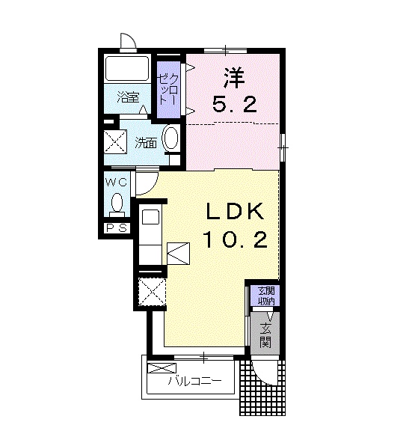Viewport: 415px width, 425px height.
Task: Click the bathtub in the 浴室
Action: (127, 68)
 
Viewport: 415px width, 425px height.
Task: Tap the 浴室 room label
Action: (128, 97)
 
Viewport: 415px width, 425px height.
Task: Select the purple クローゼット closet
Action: (169, 90)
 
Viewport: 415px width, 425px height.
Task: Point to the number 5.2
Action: (234, 105)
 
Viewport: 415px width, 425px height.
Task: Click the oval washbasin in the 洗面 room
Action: (170, 138)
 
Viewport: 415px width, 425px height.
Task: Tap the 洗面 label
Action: (146, 143)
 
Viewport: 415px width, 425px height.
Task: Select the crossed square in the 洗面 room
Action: (116, 141)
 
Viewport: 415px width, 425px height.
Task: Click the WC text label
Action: (117, 183)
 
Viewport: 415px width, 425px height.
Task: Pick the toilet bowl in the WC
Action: (117, 204)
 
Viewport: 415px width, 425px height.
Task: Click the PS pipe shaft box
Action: (117, 228)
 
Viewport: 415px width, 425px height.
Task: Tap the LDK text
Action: (235, 212)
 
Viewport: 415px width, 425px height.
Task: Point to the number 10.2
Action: (236, 240)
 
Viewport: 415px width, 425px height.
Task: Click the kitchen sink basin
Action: (150, 217)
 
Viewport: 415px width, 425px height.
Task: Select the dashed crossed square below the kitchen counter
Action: (152, 292)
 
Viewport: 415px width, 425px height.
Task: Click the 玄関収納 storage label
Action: (266, 296)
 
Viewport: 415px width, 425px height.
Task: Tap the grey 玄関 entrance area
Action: (265, 334)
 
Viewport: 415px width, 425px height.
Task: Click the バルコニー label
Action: (194, 382)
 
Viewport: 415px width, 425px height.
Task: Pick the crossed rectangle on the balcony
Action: (162, 368)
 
